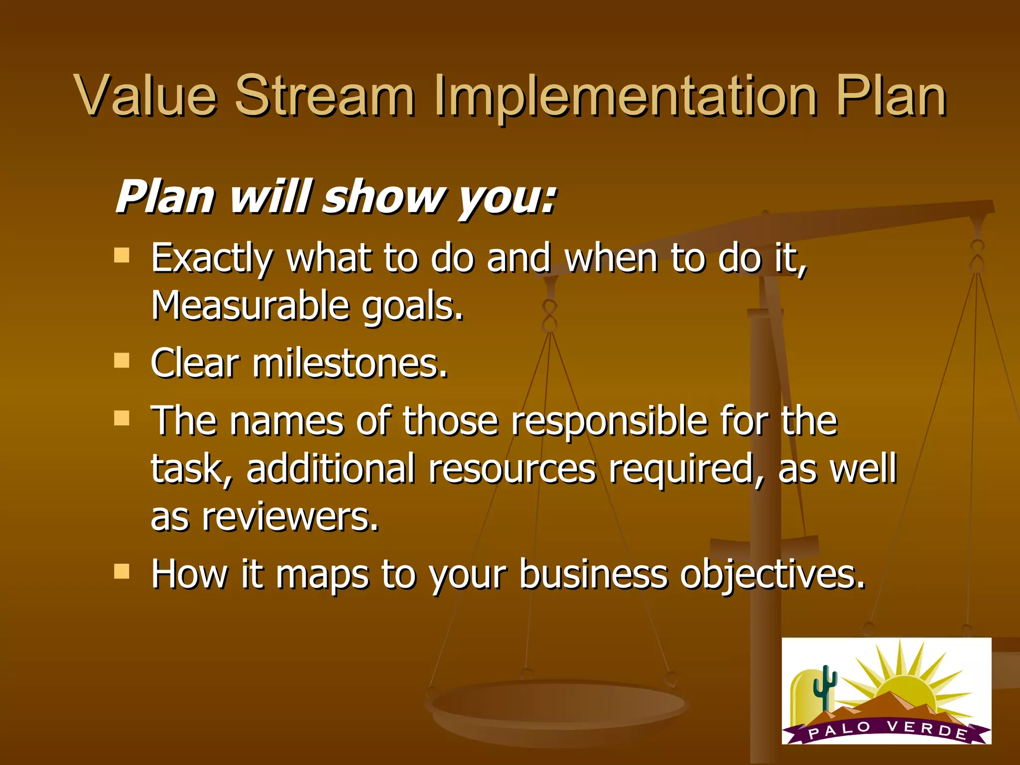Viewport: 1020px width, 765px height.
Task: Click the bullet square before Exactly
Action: tap(122, 255)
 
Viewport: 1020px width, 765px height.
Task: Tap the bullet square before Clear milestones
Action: tap(122, 360)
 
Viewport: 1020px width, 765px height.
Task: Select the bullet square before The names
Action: tap(122, 418)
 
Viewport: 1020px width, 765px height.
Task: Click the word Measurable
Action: tap(250, 305)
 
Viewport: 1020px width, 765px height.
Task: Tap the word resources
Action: tap(512, 469)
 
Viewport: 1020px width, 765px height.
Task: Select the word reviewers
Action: tap(290, 517)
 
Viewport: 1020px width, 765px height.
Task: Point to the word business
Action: tap(593, 574)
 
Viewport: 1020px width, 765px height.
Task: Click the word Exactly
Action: tap(212, 259)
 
